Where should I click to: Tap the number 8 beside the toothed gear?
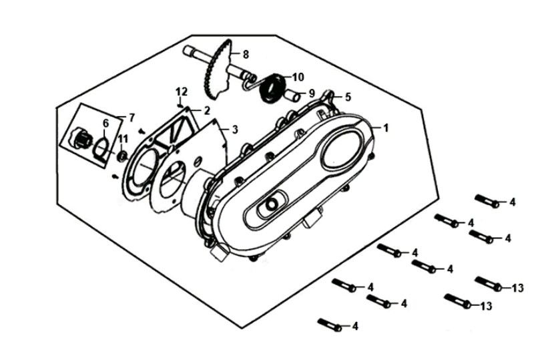tap(246, 54)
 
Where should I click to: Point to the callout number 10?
tap(298, 76)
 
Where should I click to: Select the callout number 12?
tap(180, 91)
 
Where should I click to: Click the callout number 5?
tap(347, 97)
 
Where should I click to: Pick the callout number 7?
tap(131, 118)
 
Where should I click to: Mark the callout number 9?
tap(311, 94)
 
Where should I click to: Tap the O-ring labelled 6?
tap(100, 146)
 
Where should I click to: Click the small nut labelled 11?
tap(123, 156)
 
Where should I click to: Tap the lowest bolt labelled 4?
tap(330, 325)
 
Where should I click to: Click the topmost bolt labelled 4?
tap(487, 201)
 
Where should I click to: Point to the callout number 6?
tap(105, 124)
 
